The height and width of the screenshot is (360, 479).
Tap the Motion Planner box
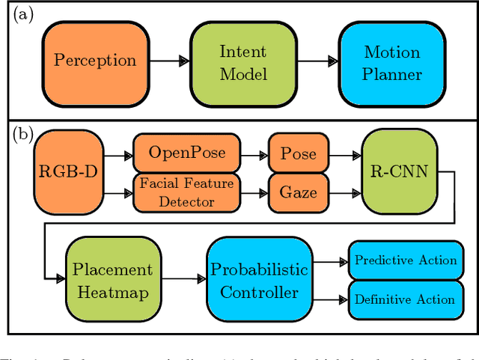[391, 63]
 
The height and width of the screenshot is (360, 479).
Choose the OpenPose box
[186, 153]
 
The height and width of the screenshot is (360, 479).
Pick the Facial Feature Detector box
[186, 193]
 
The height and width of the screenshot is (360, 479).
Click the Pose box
[298, 153]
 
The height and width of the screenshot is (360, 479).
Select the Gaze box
[298, 193]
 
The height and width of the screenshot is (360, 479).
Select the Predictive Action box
[404, 260]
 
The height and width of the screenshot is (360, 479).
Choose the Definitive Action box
[404, 299]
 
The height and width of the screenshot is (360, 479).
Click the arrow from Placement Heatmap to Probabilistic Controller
[183, 278]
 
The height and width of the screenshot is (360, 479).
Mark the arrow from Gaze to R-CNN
[345, 195]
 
